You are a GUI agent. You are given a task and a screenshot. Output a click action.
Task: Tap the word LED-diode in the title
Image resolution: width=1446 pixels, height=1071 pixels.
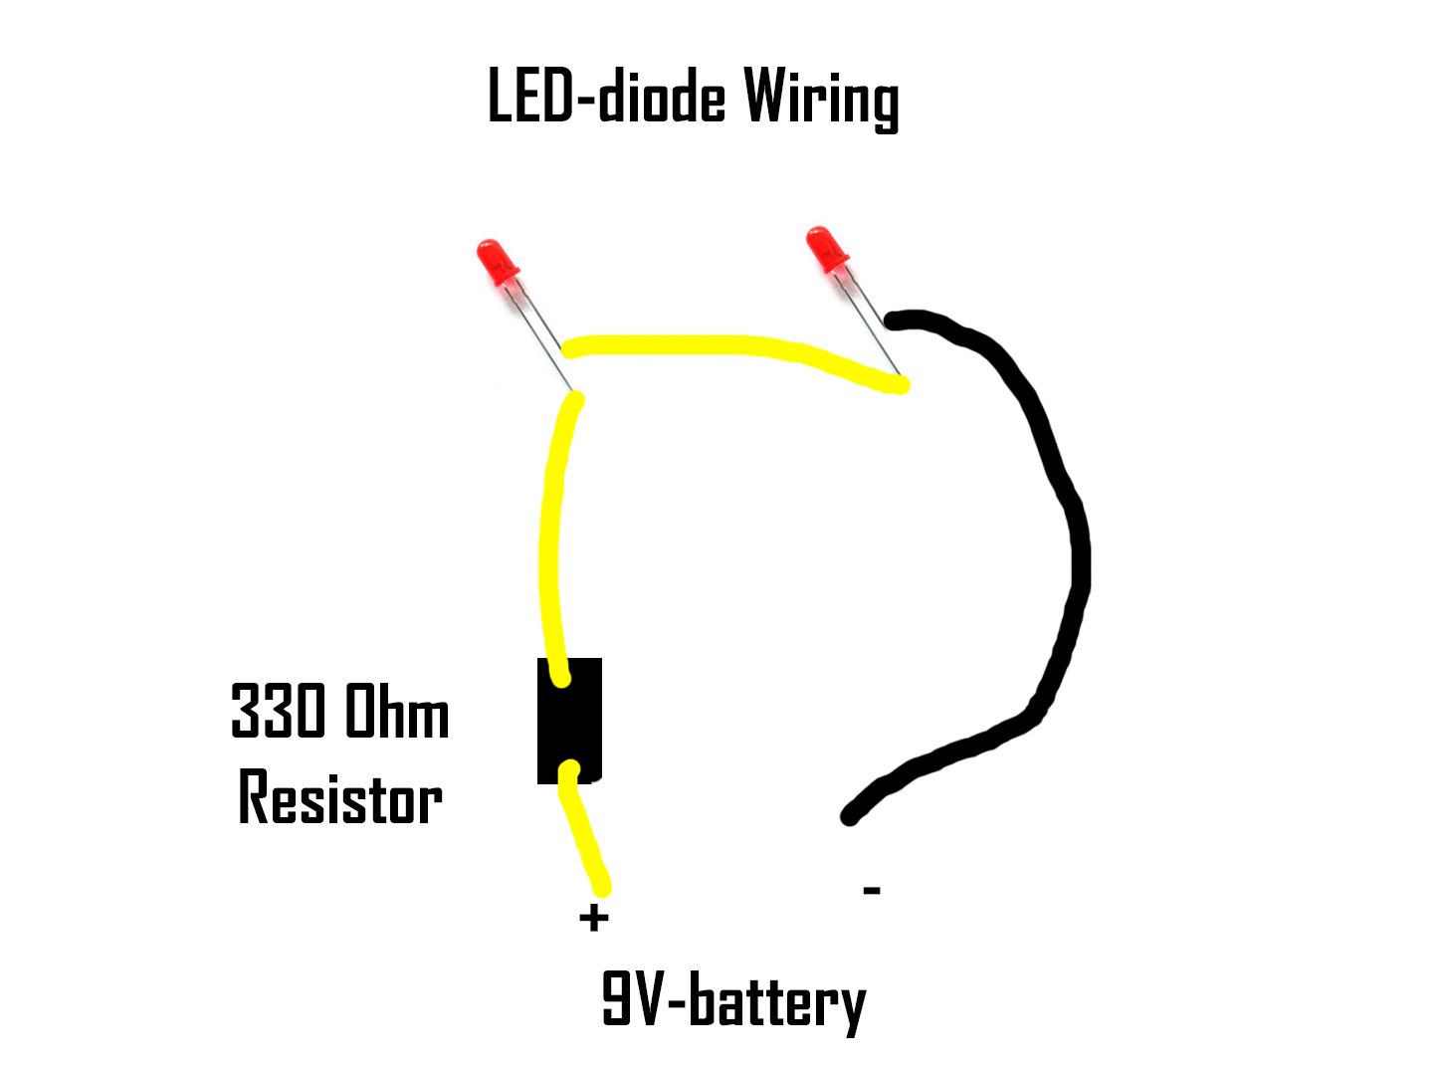606,96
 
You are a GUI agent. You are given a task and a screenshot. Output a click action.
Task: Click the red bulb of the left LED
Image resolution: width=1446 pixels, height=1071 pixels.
498,262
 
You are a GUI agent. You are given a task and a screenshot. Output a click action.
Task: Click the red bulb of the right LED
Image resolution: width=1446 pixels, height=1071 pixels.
827,249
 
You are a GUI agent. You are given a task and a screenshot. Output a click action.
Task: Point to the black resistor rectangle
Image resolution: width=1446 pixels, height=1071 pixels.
569,721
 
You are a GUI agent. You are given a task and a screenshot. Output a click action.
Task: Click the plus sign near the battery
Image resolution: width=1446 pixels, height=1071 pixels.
593,919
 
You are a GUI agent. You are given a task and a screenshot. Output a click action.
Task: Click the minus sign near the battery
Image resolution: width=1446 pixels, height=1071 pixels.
873,890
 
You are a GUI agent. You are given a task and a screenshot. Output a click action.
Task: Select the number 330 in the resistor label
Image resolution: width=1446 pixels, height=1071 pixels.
277,711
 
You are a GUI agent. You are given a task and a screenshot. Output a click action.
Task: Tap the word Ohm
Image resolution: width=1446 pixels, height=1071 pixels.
396,711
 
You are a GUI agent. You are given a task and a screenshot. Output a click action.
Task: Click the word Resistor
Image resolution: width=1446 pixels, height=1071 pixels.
340,796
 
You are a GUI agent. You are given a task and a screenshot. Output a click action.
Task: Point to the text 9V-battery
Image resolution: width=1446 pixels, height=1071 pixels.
734,1001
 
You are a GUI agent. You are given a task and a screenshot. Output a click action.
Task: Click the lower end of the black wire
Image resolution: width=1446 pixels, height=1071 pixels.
850,816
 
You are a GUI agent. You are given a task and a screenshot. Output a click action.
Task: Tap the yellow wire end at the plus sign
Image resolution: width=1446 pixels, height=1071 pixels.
602,888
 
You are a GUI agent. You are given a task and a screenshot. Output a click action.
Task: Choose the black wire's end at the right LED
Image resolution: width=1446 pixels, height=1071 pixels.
893,321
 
